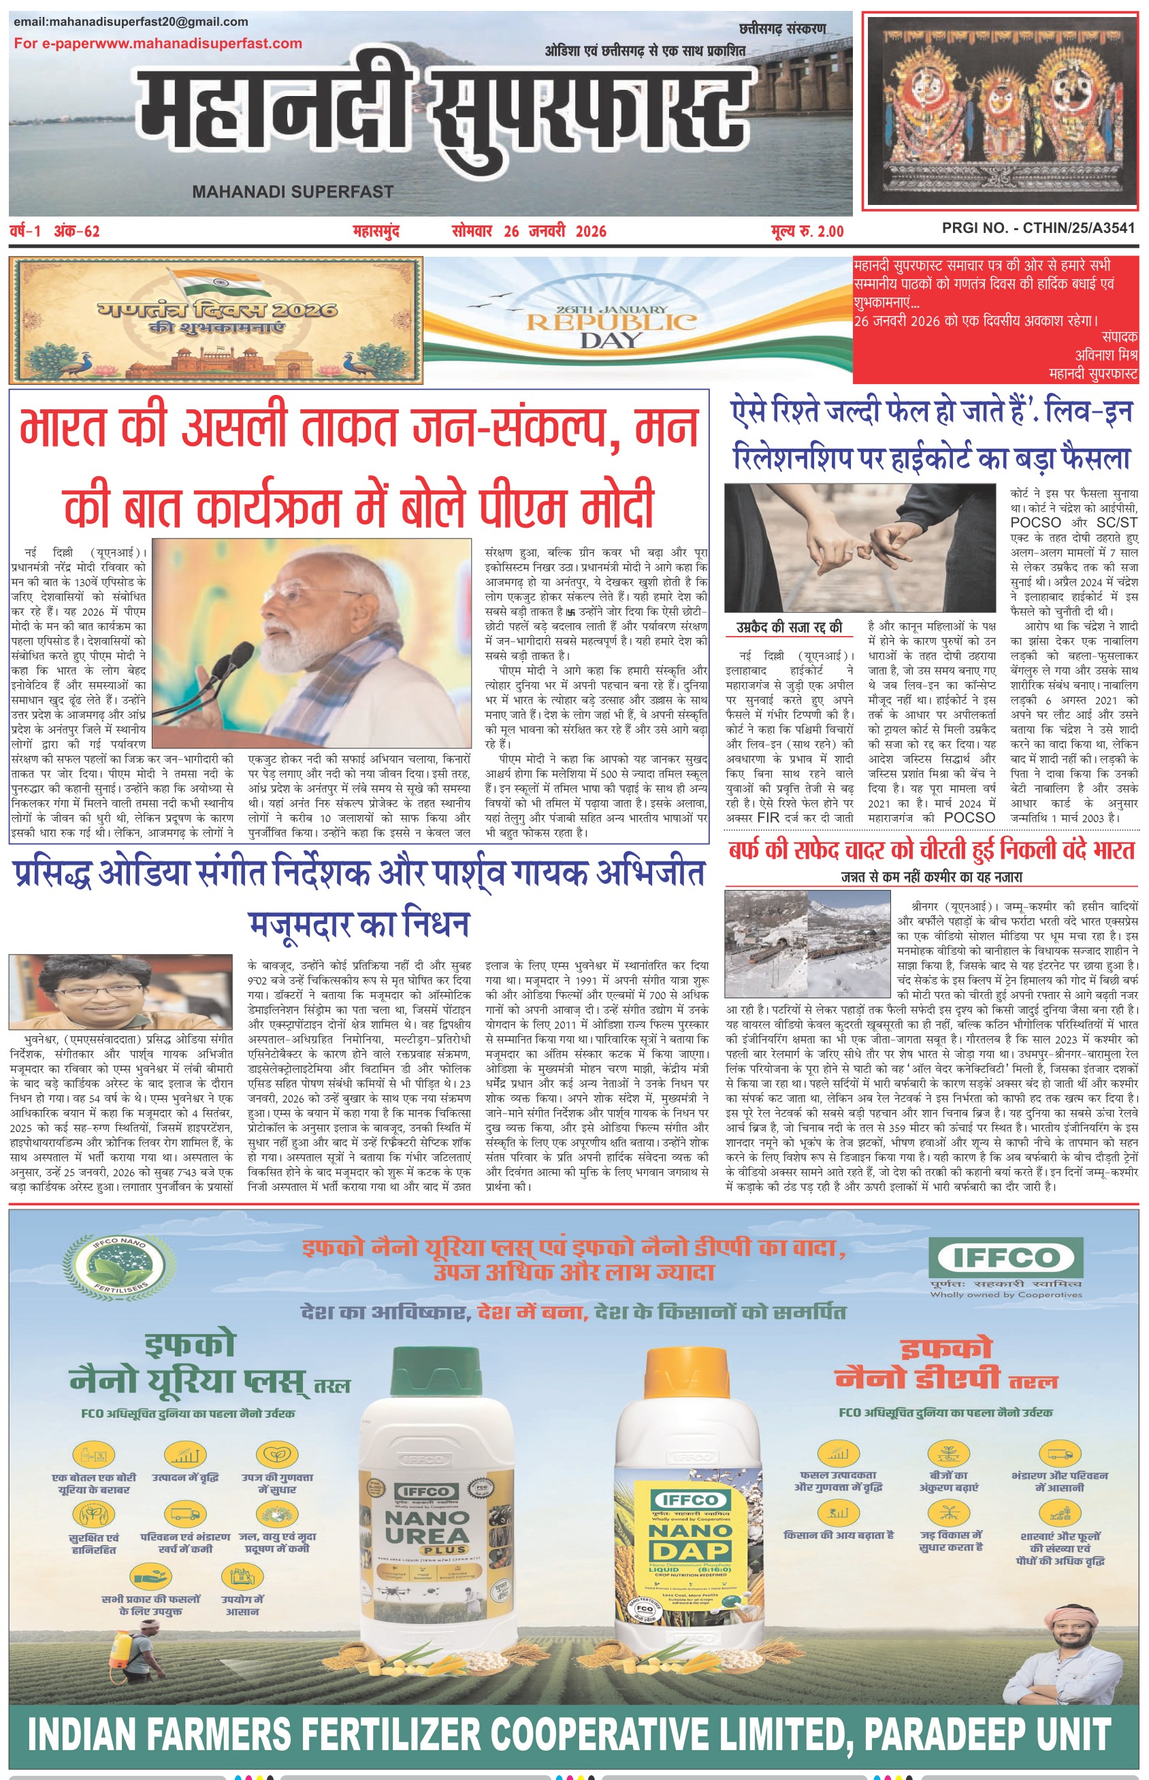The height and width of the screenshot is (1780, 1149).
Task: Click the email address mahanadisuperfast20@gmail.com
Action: point(131,22)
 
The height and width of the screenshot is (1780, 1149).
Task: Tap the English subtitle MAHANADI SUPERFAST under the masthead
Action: point(293,192)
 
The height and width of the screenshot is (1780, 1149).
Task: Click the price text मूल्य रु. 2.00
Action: point(807,232)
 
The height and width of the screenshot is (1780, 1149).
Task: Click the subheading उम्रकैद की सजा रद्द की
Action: point(789,627)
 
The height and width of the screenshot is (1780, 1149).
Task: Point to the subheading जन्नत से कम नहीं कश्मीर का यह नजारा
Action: point(931,877)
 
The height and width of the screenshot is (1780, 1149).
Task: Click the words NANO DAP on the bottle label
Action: point(690,1540)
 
